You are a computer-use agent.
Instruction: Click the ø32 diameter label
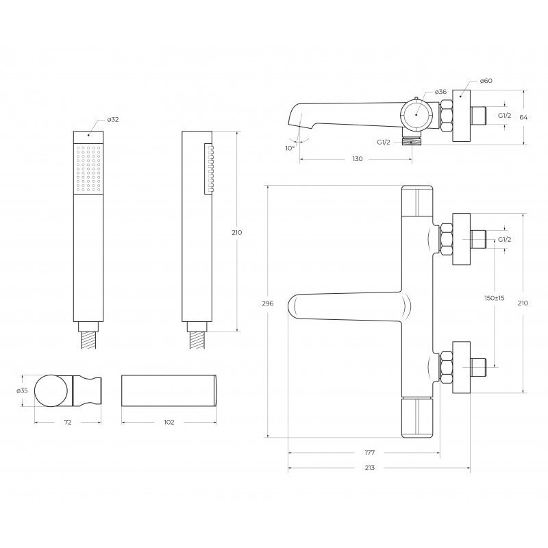113,120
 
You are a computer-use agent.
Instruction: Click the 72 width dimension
68,422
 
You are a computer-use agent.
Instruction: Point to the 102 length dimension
169,422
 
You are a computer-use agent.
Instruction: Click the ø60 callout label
486,81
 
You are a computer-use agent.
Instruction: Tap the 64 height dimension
523,117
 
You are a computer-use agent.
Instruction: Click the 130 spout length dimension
357,158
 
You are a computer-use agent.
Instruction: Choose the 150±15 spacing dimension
494,298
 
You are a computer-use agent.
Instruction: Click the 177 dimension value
370,453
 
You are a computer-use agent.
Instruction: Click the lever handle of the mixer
342,307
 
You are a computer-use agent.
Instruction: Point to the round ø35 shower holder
50,391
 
